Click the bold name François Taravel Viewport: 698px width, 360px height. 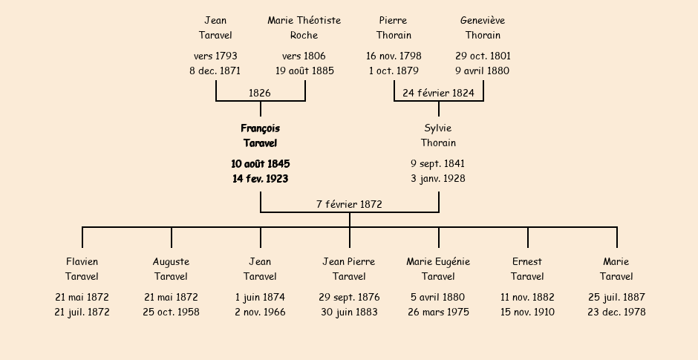[261, 136]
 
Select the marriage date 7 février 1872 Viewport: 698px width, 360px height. [350, 204]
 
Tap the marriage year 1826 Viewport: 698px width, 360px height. [260, 93]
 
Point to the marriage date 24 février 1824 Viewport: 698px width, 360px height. [438, 93]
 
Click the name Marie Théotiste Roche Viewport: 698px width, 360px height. [304, 27]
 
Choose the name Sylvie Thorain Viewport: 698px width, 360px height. [438, 135]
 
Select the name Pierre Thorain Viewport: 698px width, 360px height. [394, 27]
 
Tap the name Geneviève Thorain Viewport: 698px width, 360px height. [483, 27]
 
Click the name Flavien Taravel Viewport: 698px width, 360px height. [82, 269]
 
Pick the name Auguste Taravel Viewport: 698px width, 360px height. [171, 269]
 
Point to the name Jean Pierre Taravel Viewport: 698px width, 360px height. [349, 269]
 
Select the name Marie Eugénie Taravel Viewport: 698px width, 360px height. [438, 269]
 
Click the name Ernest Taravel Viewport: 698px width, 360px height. [527, 269]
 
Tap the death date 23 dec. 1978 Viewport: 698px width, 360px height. [616, 312]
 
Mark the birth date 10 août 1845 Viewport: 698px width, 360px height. [261, 164]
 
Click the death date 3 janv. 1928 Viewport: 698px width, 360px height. [438, 178]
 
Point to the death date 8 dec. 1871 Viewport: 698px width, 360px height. [215, 71]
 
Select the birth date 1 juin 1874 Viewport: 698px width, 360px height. [260, 297]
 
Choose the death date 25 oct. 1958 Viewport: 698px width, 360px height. [171, 312]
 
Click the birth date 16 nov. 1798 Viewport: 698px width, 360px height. [394, 56]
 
